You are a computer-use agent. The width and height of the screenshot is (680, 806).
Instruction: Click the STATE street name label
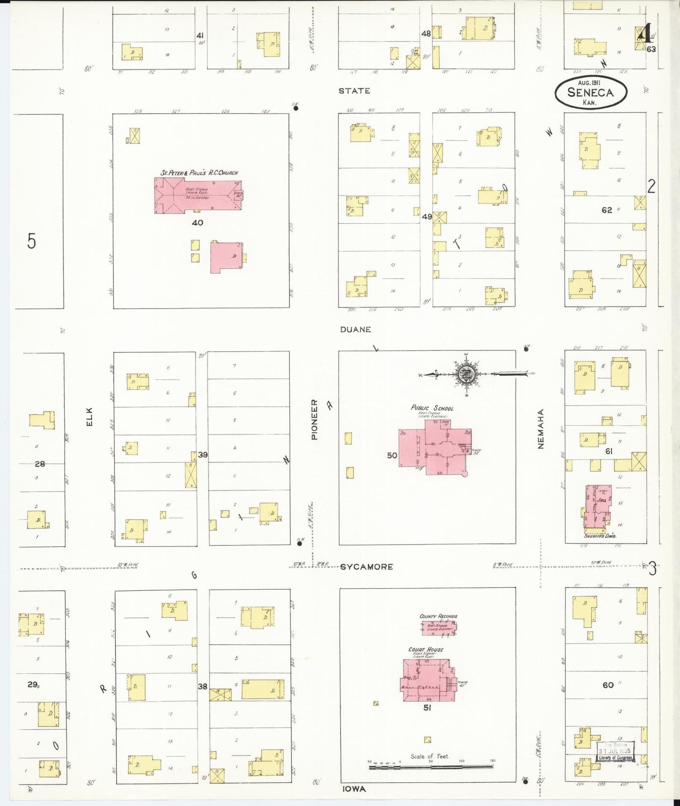tap(354, 91)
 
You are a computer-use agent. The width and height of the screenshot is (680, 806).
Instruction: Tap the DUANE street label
tap(355, 329)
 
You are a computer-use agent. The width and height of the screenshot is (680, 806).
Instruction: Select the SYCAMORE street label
tap(367, 567)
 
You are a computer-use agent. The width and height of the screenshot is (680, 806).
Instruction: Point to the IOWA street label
tap(354, 789)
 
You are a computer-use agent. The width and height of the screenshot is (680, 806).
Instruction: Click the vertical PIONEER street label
tap(314, 419)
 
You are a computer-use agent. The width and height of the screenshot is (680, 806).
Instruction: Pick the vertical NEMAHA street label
tap(541, 428)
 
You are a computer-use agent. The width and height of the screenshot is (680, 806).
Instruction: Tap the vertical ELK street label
tap(89, 417)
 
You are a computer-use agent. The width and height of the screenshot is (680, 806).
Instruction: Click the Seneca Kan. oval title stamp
tap(591, 92)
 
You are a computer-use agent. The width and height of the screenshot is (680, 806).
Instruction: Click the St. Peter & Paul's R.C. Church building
tap(198, 195)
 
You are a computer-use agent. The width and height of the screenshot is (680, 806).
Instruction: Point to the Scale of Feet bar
tap(431, 767)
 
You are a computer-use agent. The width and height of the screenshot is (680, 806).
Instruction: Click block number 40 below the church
tap(197, 222)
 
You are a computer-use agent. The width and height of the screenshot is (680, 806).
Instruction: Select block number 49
tap(426, 217)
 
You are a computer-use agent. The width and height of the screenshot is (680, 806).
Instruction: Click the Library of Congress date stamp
tap(616, 751)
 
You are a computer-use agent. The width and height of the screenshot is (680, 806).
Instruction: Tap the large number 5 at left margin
tap(31, 241)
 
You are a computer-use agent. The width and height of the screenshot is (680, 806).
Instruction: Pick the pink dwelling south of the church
tap(226, 257)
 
